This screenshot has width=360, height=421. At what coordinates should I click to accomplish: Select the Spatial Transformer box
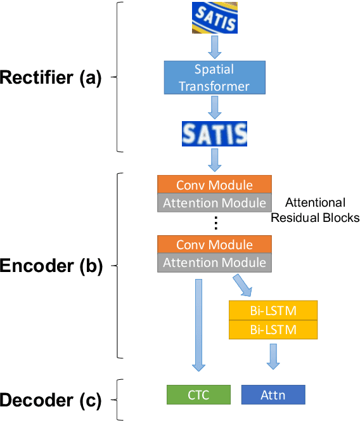click(214, 77)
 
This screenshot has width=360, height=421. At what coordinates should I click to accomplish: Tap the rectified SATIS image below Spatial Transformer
click(214, 134)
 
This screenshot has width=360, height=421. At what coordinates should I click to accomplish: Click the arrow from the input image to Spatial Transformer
click(214, 47)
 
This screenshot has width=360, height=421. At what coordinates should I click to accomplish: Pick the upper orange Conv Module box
click(214, 185)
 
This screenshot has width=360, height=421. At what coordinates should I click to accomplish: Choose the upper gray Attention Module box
click(214, 203)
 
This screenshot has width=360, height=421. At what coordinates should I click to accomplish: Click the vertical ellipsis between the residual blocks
click(215, 223)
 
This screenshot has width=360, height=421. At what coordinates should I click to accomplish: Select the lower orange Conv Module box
click(214, 245)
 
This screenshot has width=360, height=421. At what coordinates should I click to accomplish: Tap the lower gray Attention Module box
click(214, 262)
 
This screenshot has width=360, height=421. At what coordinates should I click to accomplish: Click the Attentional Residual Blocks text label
click(315, 210)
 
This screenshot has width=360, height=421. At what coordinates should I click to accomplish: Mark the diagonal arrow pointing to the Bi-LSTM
click(243, 285)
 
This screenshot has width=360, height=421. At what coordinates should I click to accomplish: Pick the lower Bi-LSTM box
click(273, 330)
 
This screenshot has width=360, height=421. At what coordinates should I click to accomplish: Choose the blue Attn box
click(273, 394)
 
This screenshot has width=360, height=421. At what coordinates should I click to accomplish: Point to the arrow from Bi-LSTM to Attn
click(273, 356)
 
